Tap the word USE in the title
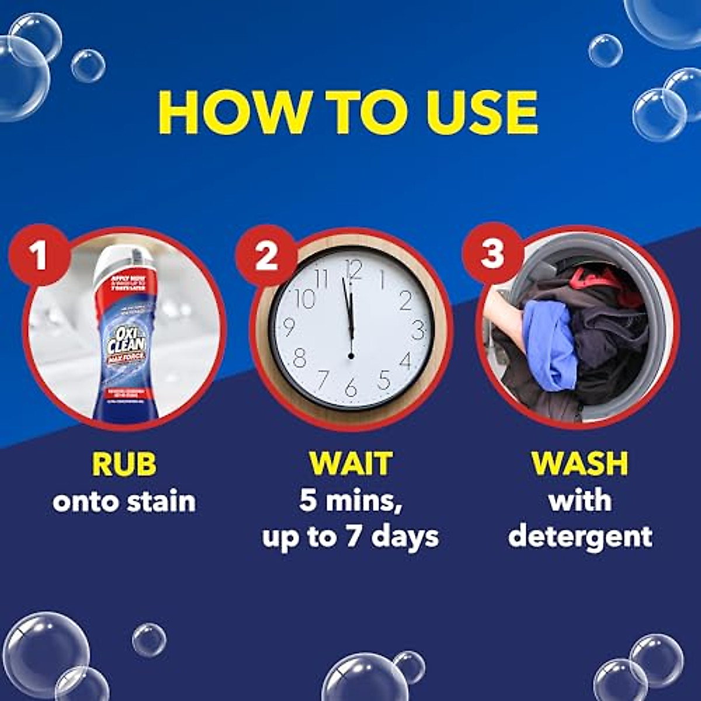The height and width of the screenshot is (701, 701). (x=482, y=112)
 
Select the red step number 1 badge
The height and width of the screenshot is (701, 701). (x=39, y=255)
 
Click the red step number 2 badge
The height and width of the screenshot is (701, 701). (x=266, y=255)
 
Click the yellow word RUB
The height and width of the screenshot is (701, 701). (x=124, y=464)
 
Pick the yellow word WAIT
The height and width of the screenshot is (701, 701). (x=350, y=464)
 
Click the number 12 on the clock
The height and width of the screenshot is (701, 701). (x=353, y=270)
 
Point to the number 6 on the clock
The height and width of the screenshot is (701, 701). (x=350, y=387)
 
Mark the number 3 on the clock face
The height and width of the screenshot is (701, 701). (x=418, y=330)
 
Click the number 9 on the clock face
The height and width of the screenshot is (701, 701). (x=288, y=327)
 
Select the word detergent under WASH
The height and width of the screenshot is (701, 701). (x=579, y=537)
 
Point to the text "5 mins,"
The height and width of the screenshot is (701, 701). (x=350, y=501)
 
